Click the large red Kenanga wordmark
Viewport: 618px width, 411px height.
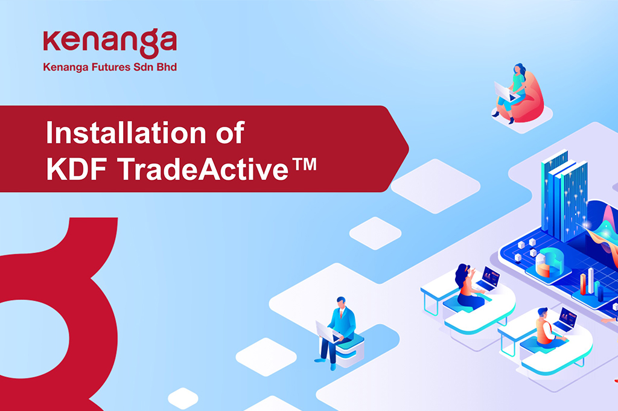pyautogui.click(x=110, y=42)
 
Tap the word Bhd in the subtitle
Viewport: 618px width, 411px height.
pyautogui.click(x=167, y=67)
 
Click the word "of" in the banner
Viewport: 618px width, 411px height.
pyautogui.click(x=230, y=133)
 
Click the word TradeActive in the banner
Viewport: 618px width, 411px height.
pyautogui.click(x=203, y=169)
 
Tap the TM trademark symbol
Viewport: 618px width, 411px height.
pyautogui.click(x=304, y=164)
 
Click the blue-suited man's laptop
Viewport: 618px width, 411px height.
pyautogui.click(x=327, y=331)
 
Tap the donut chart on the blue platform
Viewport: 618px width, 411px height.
pyautogui.click(x=550, y=262)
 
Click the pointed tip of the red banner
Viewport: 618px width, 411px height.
pyautogui.click(x=409, y=148)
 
